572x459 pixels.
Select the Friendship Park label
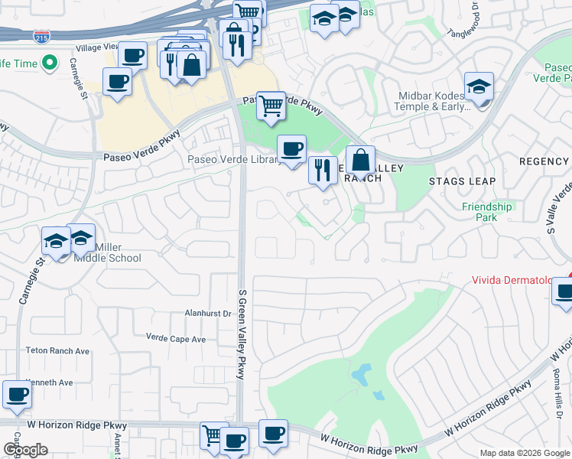click(x=486, y=212)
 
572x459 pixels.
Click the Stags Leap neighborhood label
click(x=462, y=181)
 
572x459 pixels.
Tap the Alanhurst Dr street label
click(x=207, y=313)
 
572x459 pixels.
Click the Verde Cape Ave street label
click(x=176, y=339)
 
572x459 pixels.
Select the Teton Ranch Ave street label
click(x=57, y=351)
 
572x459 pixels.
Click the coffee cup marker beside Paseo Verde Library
click(x=291, y=148)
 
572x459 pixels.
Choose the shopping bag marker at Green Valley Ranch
click(x=360, y=160)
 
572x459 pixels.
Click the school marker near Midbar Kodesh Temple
click(x=479, y=86)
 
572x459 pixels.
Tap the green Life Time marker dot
click(x=50, y=63)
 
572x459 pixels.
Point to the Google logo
click(x=25, y=450)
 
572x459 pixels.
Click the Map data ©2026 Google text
click(x=525, y=453)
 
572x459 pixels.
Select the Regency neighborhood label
click(x=544, y=161)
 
